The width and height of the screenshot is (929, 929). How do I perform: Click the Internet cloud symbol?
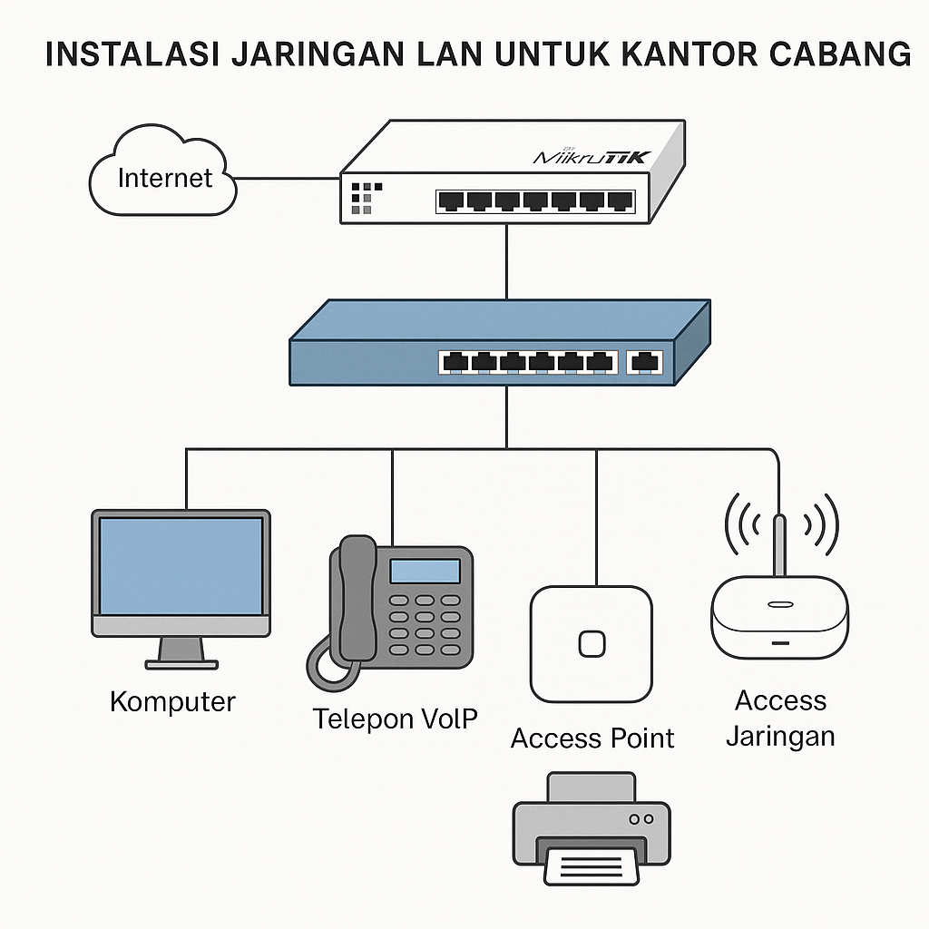164,172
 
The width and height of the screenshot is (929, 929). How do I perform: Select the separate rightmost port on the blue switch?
644,362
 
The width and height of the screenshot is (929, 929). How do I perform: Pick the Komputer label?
172,701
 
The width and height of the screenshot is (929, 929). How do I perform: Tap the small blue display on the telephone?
425,571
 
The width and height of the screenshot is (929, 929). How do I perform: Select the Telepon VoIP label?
396,719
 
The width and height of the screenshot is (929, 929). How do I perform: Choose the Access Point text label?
592,738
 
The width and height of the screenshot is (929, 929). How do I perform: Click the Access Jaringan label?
780,718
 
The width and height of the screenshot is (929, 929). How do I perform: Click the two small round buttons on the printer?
641,818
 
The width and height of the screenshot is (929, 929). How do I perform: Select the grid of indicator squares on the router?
361,197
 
